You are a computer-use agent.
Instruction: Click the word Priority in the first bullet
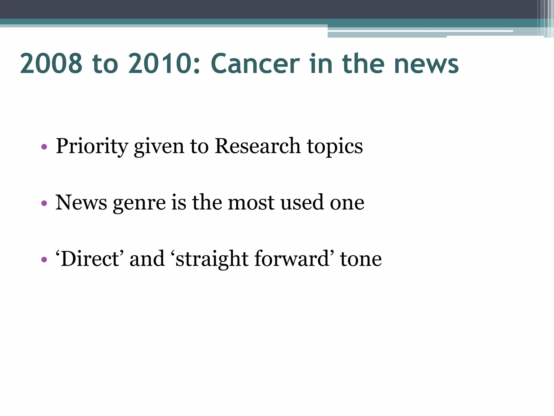92,147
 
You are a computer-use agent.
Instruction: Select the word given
159,147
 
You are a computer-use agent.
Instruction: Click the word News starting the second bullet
81,203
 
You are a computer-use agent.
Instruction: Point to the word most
251,203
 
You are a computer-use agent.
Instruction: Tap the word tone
361,259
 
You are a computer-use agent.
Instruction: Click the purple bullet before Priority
44,147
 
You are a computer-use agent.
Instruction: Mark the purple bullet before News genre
44,203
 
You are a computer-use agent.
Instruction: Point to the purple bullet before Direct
44,260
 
